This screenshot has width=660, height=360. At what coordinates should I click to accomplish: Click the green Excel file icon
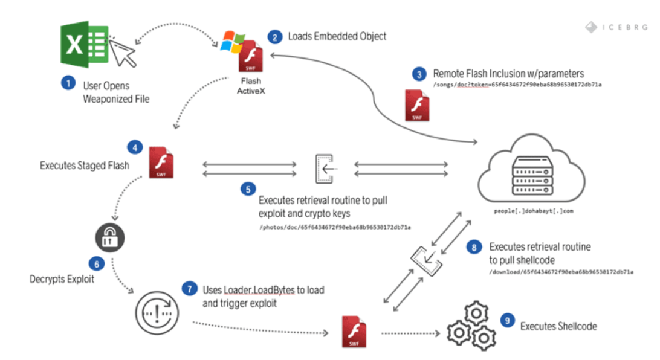[84, 44]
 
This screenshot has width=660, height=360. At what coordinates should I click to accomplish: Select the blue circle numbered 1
[68, 83]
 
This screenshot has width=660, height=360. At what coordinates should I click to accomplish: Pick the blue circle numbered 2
[275, 37]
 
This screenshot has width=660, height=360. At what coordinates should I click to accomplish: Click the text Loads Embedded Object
[337, 37]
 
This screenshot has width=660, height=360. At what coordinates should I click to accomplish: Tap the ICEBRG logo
[616, 27]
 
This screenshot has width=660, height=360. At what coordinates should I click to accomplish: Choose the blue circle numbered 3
[419, 74]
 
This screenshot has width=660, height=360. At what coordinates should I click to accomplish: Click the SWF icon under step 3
[417, 106]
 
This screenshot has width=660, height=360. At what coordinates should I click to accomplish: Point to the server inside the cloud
[532, 176]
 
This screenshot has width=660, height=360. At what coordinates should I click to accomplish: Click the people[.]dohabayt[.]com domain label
[533, 211]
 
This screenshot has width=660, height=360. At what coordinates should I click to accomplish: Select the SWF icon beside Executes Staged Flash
[161, 162]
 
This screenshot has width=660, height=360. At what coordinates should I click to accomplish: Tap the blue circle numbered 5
[248, 189]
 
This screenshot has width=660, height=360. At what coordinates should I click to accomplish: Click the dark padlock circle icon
[110, 237]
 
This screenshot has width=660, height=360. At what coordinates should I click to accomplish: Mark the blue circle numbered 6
[96, 264]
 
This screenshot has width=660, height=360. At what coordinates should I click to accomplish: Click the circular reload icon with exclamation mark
[157, 313]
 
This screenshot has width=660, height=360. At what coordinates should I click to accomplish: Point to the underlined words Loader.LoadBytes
[259, 290]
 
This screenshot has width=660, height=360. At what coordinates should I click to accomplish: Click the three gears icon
[471, 326]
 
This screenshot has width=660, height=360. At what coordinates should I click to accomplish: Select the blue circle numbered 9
[508, 321]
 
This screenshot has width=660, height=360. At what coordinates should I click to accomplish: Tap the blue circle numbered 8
[474, 247]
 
